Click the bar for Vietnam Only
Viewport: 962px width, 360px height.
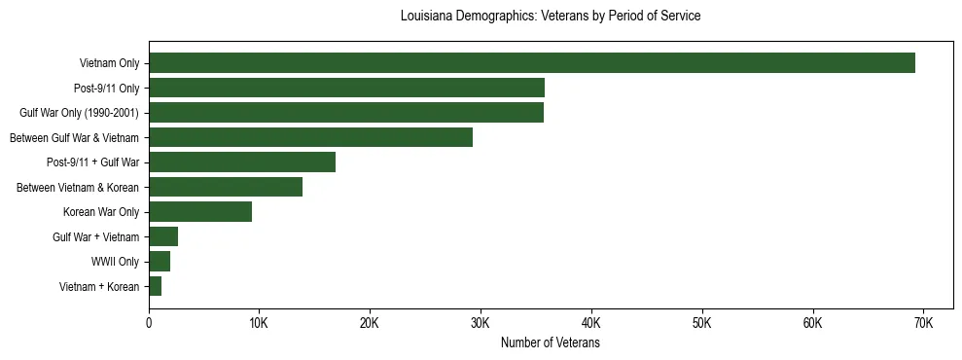(x=532, y=63)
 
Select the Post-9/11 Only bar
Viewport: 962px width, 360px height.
(x=346, y=88)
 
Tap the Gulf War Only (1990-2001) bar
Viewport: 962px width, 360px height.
(x=346, y=113)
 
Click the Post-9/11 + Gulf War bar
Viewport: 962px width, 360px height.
(x=242, y=162)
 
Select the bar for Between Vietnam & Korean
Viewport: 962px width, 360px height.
(x=226, y=187)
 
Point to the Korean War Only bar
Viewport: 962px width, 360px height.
(x=200, y=212)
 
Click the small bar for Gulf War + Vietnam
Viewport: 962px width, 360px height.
(x=163, y=236)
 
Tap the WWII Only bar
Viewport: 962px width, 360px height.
(x=160, y=262)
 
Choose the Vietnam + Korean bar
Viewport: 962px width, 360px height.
(x=156, y=286)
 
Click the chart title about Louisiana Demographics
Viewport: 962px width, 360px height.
(x=551, y=17)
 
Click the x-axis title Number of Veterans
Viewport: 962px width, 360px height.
(x=551, y=343)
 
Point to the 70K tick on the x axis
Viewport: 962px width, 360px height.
(x=923, y=322)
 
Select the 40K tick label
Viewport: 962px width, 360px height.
(x=591, y=322)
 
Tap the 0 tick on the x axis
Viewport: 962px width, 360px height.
(x=149, y=322)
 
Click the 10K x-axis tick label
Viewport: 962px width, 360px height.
(x=259, y=322)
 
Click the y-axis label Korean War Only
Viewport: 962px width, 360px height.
(x=101, y=212)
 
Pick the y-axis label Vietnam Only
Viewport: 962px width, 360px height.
(x=109, y=64)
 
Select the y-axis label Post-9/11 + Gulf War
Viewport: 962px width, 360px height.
(x=92, y=162)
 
